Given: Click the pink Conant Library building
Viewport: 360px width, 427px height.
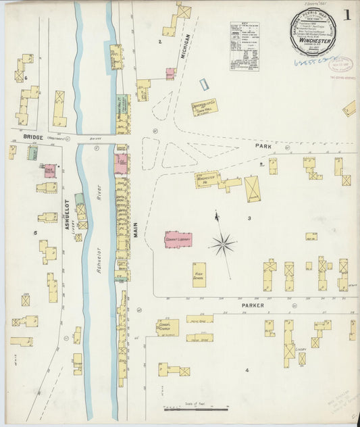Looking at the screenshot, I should [x=178, y=239].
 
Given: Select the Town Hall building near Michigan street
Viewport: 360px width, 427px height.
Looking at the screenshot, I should [x=204, y=107].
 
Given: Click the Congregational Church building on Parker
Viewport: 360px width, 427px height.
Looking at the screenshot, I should [x=168, y=328].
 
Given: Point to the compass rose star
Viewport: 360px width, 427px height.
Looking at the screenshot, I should [x=223, y=243].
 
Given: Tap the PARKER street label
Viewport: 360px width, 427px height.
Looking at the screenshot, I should [x=251, y=305].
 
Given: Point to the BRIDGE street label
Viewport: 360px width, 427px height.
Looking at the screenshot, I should [x=32, y=136].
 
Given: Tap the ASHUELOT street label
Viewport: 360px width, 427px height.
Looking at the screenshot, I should [x=68, y=216].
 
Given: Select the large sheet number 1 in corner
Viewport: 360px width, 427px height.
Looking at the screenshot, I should [x=346, y=14].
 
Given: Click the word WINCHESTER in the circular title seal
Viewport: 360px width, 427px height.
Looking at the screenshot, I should [x=314, y=41].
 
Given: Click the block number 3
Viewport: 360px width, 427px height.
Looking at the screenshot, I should [x=249, y=218].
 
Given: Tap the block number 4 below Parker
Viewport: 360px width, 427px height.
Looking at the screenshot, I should [x=247, y=370].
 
